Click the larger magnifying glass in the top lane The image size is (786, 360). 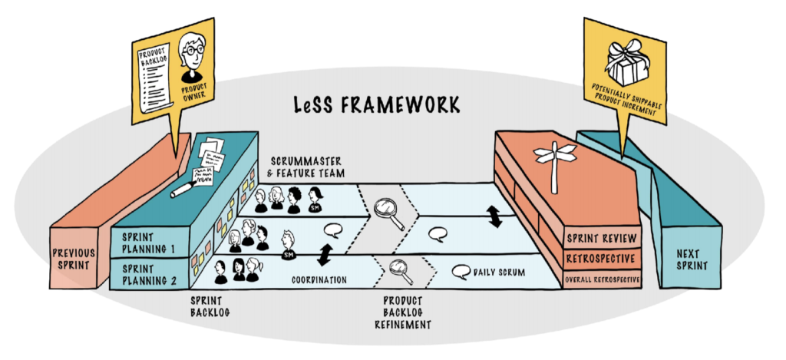(388, 213)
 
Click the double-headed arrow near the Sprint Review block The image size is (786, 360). (495, 217)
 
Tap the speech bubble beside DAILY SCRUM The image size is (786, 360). (460, 271)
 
